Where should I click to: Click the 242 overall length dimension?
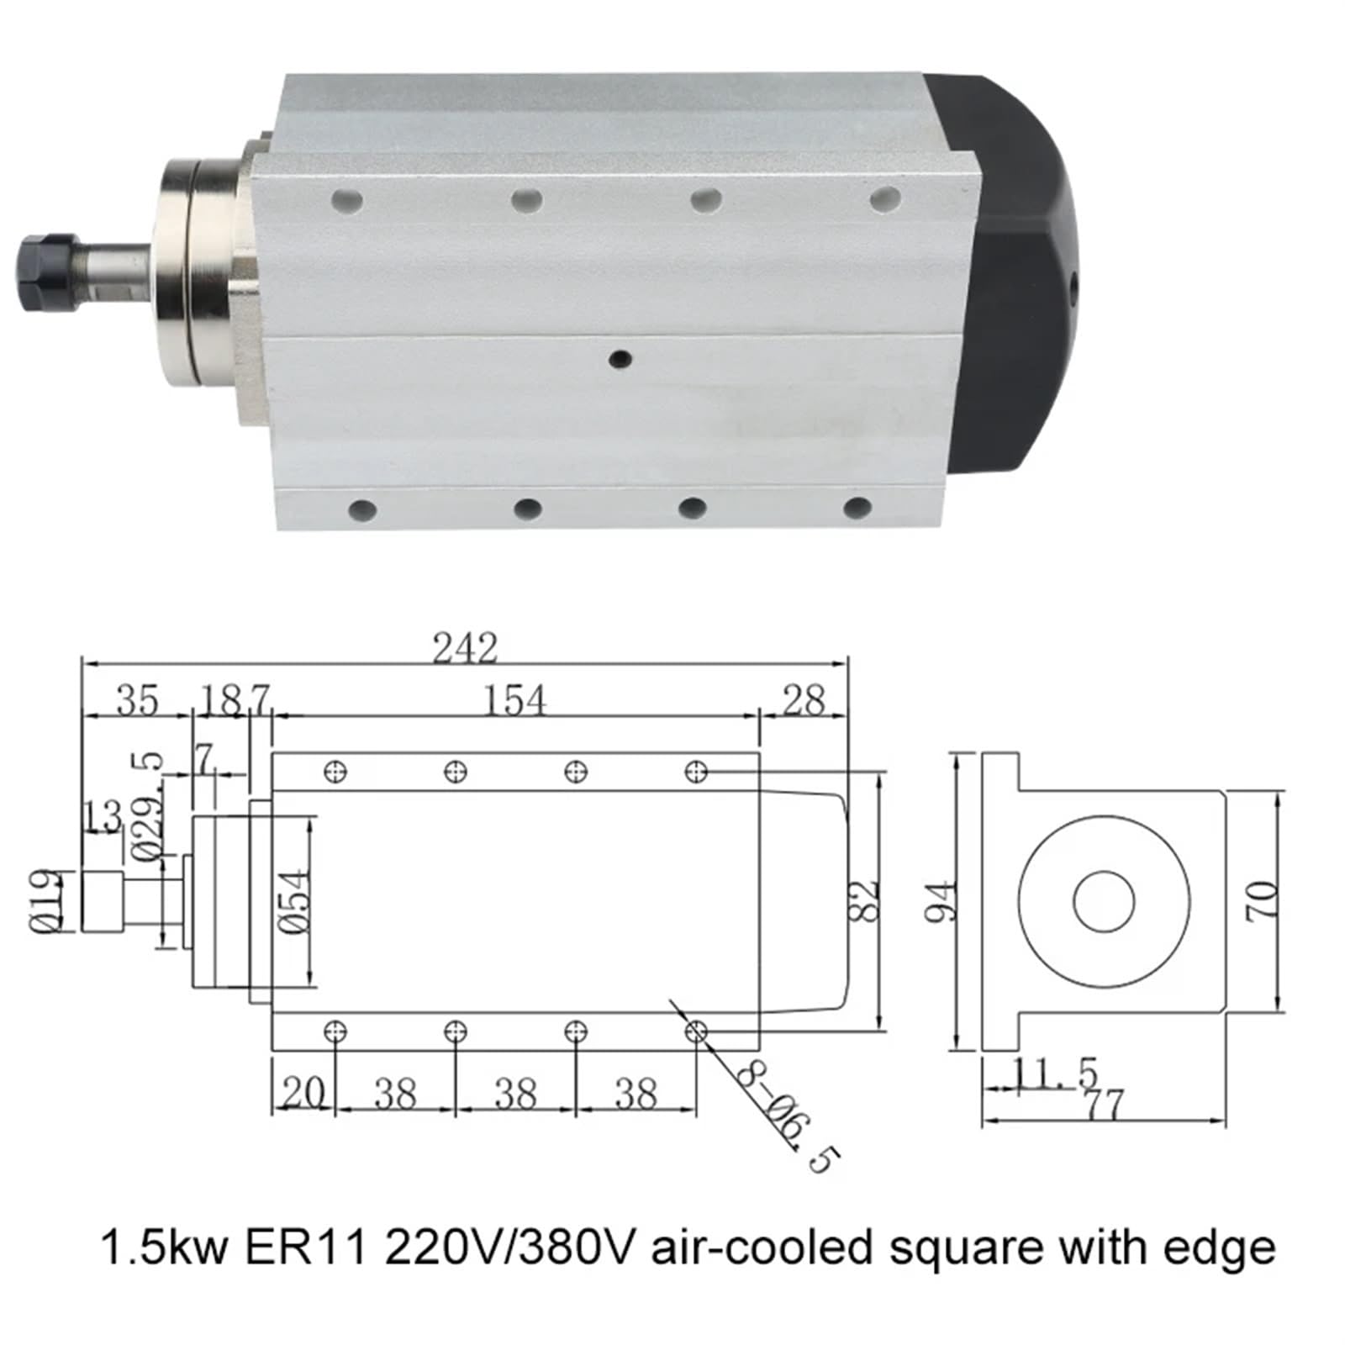pyautogui.click(x=465, y=648)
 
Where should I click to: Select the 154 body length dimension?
pyautogui.click(x=514, y=700)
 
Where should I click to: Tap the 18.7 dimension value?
pyautogui.click(x=234, y=700)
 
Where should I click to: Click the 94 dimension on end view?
pyautogui.click(x=941, y=901)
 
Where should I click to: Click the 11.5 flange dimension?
pyautogui.click(x=1056, y=1073)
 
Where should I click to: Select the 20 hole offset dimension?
pyautogui.click(x=303, y=1094)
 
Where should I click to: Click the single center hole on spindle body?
pyautogui.click(x=620, y=360)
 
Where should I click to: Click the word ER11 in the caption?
pyautogui.click(x=306, y=1247)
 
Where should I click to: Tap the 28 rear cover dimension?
pyautogui.click(x=804, y=700)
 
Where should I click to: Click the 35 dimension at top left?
pyautogui.click(x=136, y=700)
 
